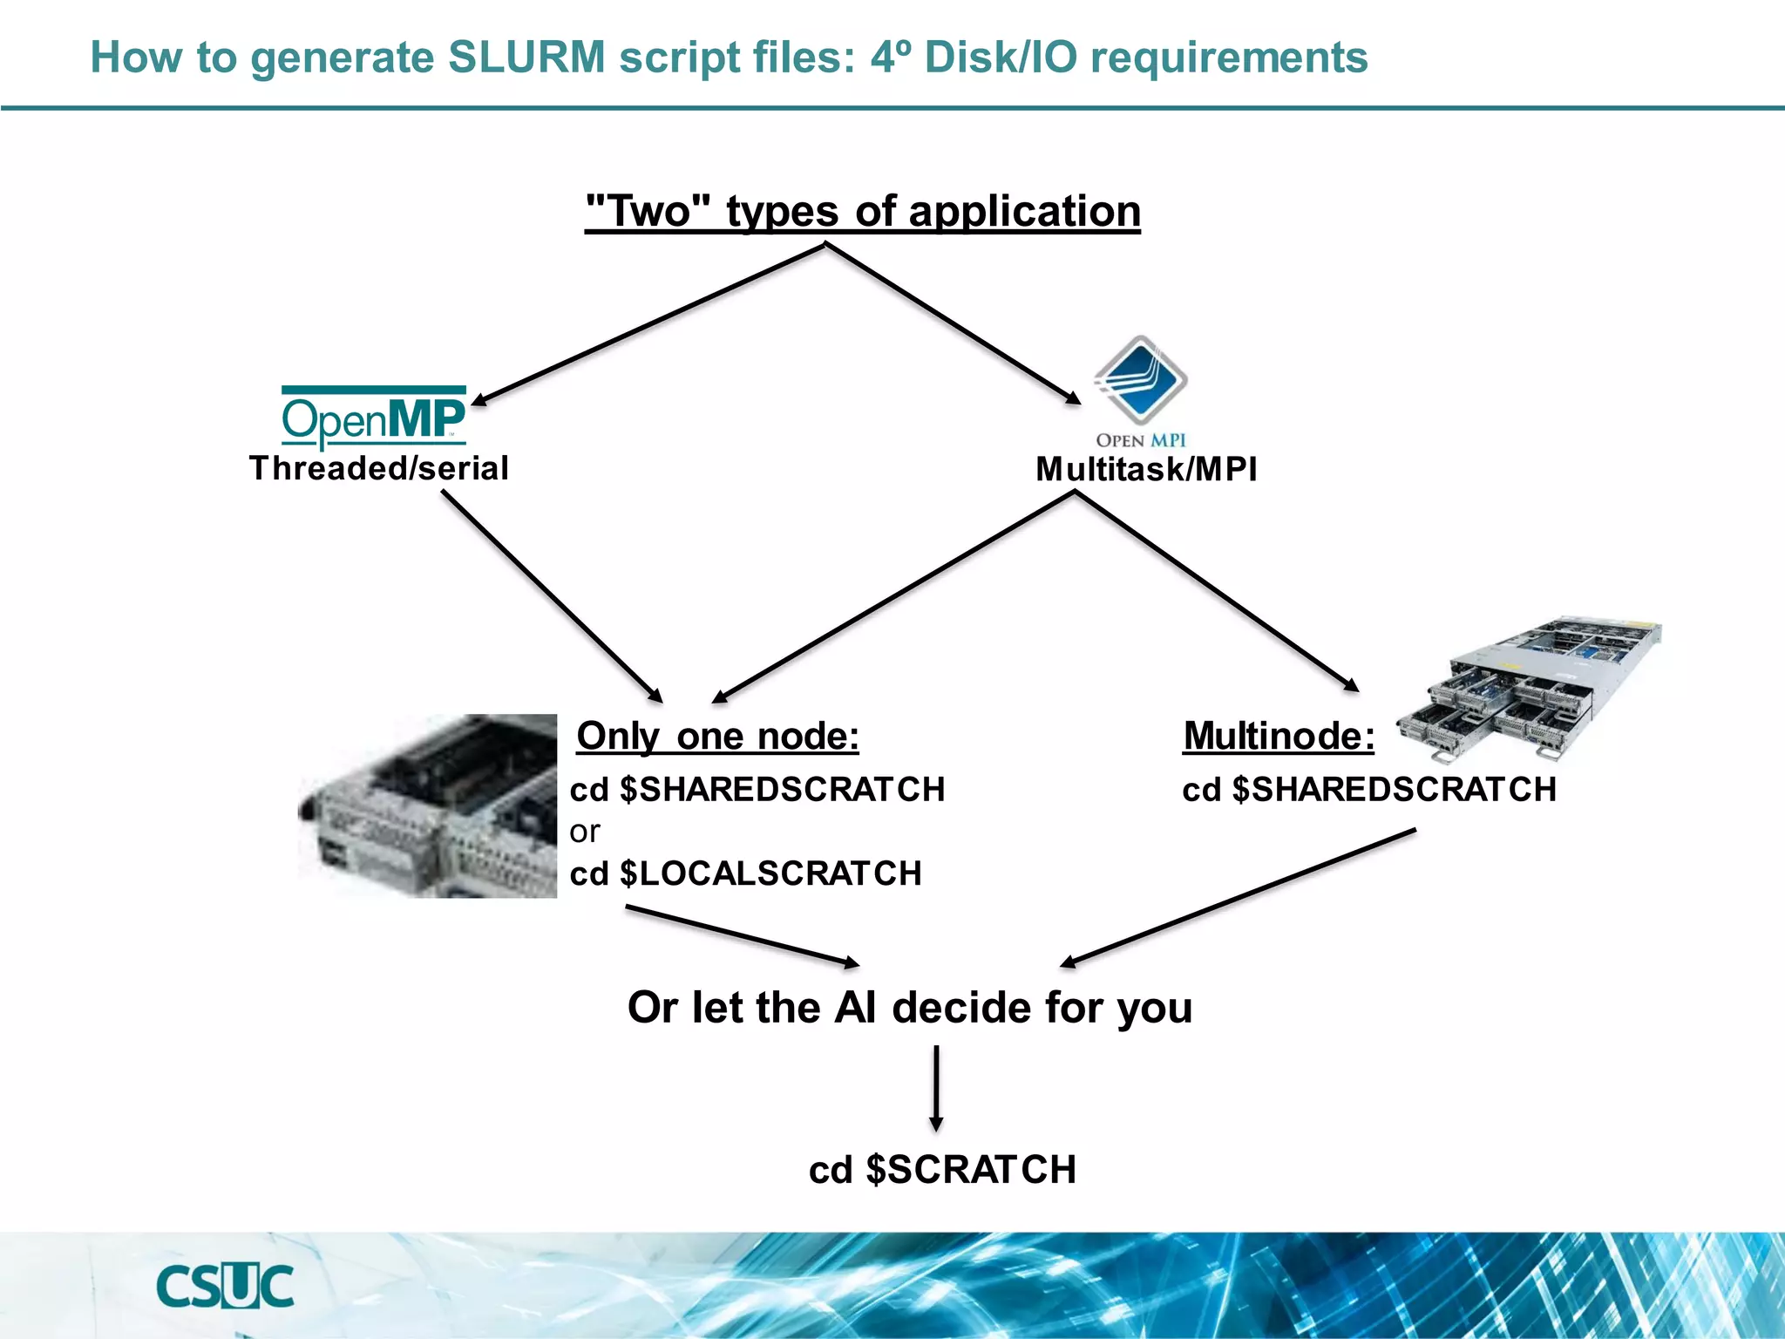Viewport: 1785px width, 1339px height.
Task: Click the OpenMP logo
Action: tap(373, 417)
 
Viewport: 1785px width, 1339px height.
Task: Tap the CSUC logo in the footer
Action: tap(225, 1286)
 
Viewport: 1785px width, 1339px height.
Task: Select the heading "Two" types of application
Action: tap(862, 212)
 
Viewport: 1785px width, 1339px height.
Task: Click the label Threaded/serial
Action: tap(378, 469)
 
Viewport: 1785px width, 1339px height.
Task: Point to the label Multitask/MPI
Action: tap(1146, 470)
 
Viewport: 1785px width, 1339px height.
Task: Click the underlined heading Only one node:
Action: tap(717, 737)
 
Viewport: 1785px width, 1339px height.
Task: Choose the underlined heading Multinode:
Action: tap(1279, 737)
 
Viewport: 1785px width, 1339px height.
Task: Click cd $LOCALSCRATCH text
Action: tap(745, 873)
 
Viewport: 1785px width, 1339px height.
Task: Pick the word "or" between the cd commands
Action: tap(585, 832)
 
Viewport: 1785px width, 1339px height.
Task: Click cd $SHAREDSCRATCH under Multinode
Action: tap(1368, 790)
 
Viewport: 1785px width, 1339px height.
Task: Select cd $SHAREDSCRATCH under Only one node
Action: tap(757, 790)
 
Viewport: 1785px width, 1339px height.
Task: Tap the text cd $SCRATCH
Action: tap(942, 1170)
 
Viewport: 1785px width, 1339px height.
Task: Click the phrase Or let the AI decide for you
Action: tap(909, 1008)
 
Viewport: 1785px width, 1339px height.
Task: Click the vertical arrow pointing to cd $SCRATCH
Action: tap(936, 1088)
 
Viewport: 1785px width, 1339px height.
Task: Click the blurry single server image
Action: tap(429, 806)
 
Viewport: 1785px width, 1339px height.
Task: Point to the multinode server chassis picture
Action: tap(1530, 689)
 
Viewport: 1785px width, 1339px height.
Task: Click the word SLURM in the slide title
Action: tap(526, 58)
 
